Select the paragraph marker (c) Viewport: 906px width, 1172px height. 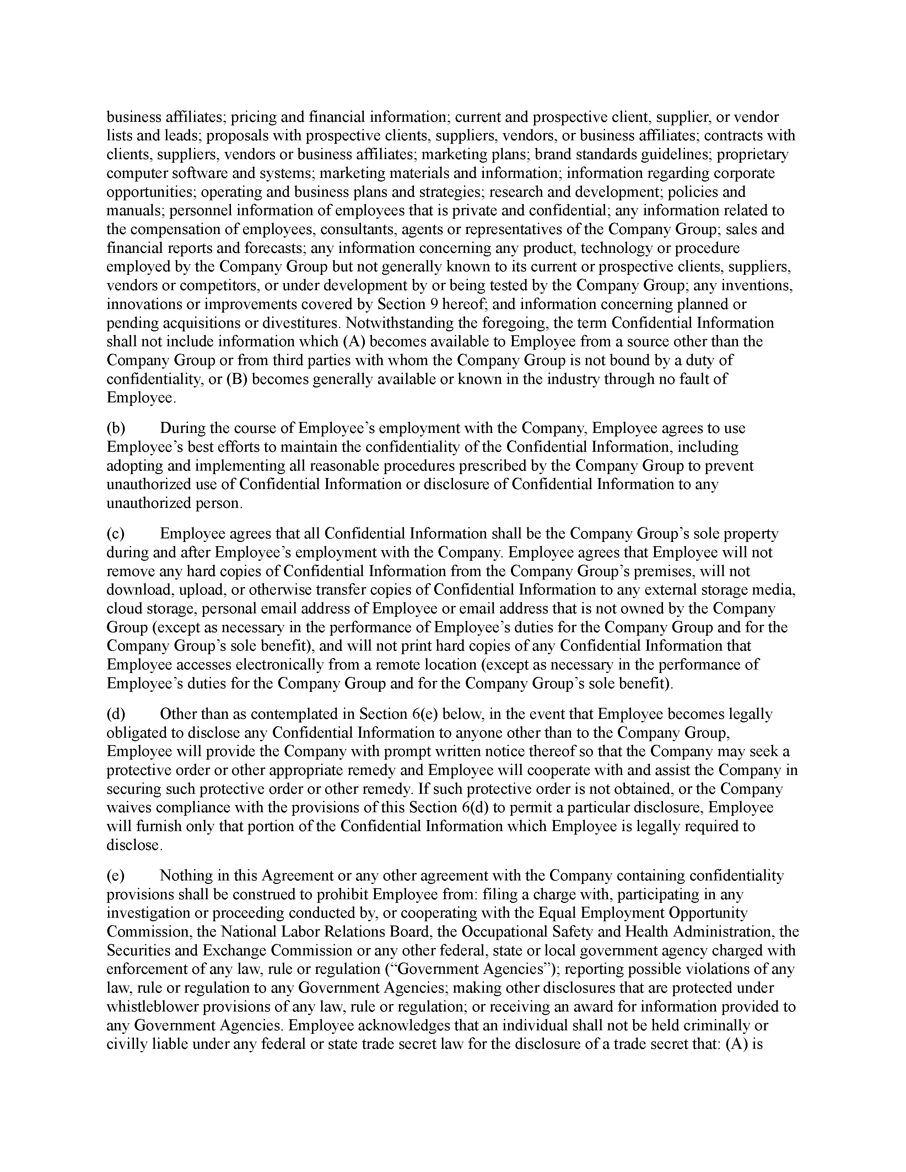tap(115, 533)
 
